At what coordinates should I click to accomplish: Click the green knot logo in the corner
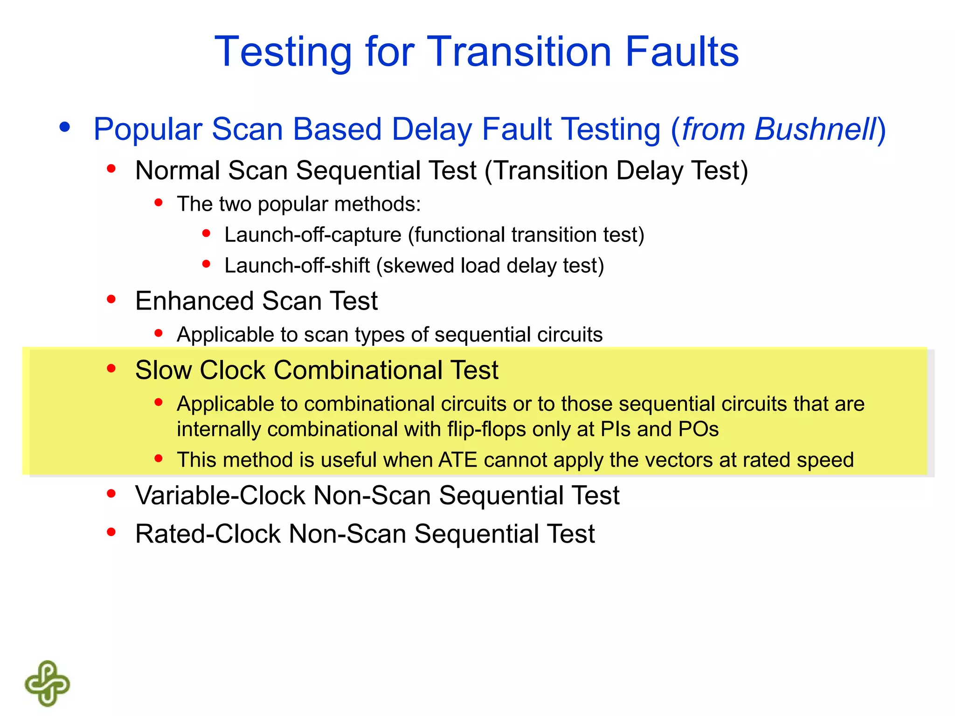pos(47,683)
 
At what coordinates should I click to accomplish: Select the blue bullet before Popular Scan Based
pos(65,127)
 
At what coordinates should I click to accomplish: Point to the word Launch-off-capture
pos(312,234)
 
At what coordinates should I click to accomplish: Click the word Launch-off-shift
pos(297,265)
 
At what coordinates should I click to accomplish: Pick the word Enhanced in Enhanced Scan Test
pos(194,301)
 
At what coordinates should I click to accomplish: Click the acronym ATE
pos(457,460)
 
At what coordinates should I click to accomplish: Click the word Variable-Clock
pos(220,495)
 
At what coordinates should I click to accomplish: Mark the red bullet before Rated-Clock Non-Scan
pos(111,532)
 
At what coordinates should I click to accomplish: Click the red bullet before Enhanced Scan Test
pos(111,299)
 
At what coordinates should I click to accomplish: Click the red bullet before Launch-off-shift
pos(206,264)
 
